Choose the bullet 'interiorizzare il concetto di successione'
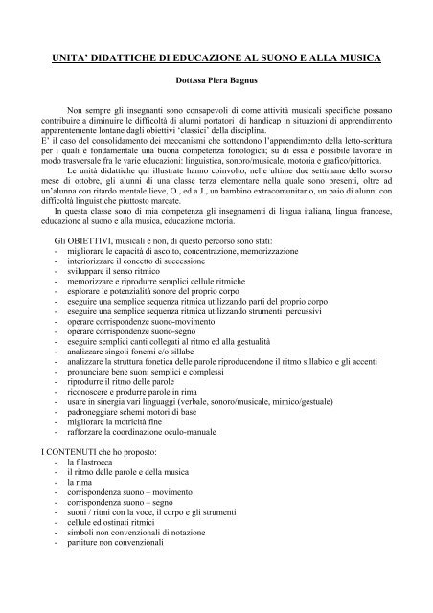pyautogui.click(x=148, y=314)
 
